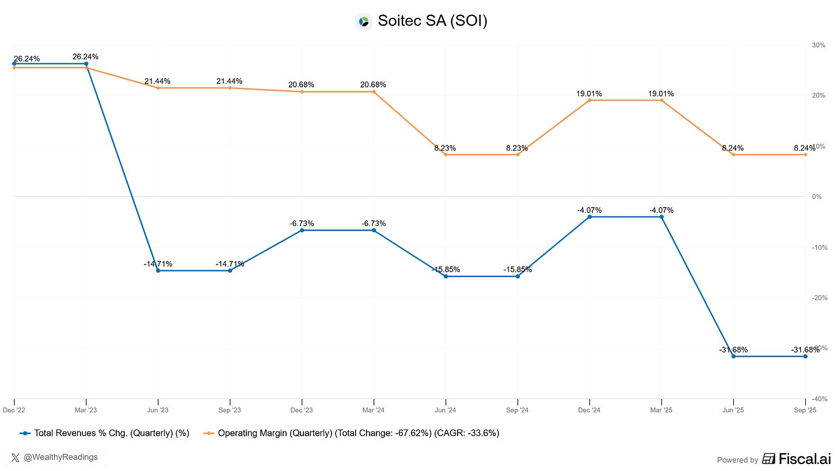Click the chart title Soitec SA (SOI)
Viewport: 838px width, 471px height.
(x=432, y=21)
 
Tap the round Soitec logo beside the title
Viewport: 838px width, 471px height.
(x=364, y=22)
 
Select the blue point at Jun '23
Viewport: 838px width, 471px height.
(x=158, y=270)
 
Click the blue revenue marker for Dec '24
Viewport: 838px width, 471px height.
(x=589, y=217)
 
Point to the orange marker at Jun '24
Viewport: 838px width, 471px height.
(x=445, y=155)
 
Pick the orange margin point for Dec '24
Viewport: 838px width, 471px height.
(x=589, y=100)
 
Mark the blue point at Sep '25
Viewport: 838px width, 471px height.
(x=805, y=357)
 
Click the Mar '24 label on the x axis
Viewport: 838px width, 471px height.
(x=374, y=410)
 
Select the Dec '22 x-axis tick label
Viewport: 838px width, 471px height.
(x=14, y=410)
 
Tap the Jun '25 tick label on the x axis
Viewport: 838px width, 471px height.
(x=733, y=410)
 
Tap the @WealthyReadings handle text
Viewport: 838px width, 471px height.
(x=60, y=457)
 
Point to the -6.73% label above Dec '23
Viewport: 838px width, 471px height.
(x=302, y=223)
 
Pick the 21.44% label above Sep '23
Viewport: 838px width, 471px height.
(x=229, y=81)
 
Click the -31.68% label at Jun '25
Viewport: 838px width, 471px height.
(x=733, y=350)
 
